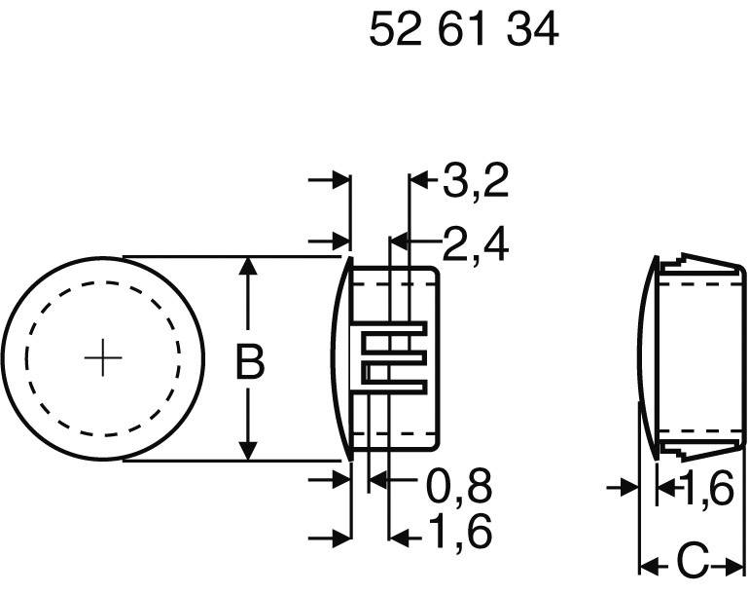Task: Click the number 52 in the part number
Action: [x=391, y=31]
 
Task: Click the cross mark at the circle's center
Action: [x=102, y=359]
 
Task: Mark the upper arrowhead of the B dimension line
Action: [x=250, y=267]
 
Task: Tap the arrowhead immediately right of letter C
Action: [x=731, y=563]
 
